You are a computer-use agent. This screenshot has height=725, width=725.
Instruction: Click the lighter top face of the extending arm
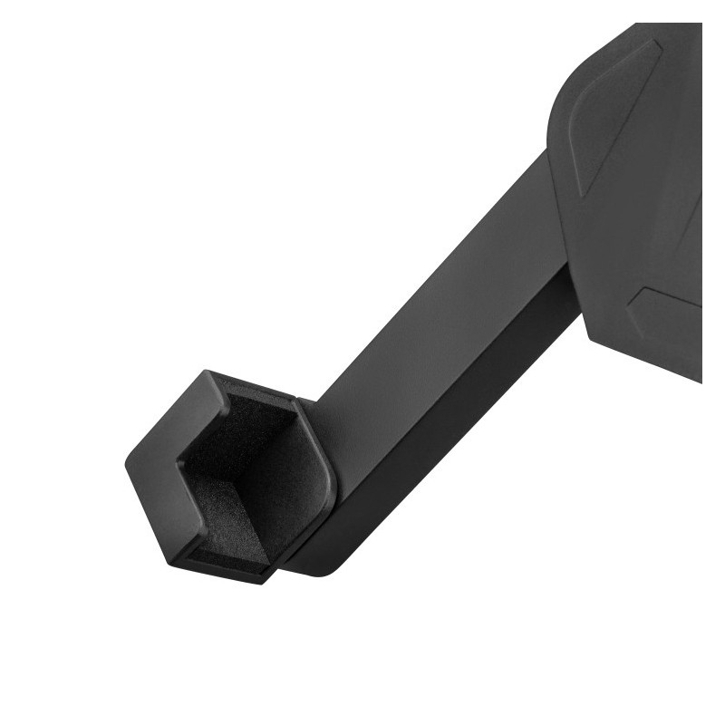444,299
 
